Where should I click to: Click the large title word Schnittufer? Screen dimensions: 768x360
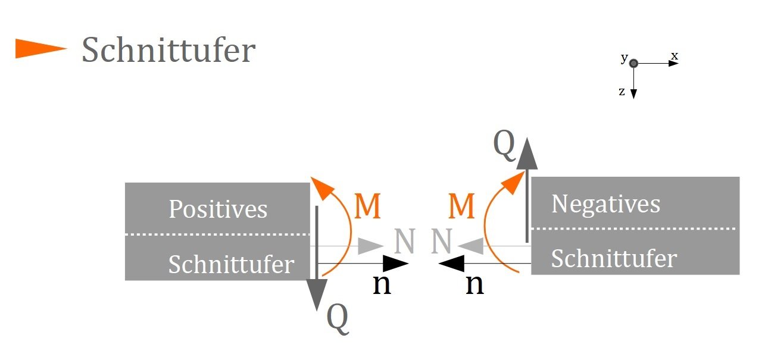coord(168,50)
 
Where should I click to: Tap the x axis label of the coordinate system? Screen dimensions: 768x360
coord(675,56)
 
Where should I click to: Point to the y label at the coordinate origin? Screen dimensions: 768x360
coord(625,58)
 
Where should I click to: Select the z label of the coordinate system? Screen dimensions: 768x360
coord(622,92)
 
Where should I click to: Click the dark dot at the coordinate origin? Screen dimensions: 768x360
coord(633,63)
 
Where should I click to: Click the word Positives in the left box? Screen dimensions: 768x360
coord(218,209)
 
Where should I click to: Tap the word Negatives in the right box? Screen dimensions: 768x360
coord(606,205)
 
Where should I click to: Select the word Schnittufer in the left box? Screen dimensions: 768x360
coord(232,264)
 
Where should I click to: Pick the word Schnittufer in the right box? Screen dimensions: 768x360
coord(614,258)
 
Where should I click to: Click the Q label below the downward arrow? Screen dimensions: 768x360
coord(338,319)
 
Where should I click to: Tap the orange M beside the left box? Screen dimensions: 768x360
coord(367,206)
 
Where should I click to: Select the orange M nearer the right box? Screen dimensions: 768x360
coord(461,206)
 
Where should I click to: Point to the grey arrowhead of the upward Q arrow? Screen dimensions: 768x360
coord(527,154)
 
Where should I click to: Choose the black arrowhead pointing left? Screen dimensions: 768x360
coord(451,264)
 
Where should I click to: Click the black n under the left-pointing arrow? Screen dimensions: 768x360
coord(475,284)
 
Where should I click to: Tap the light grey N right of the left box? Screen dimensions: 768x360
coord(405,241)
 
